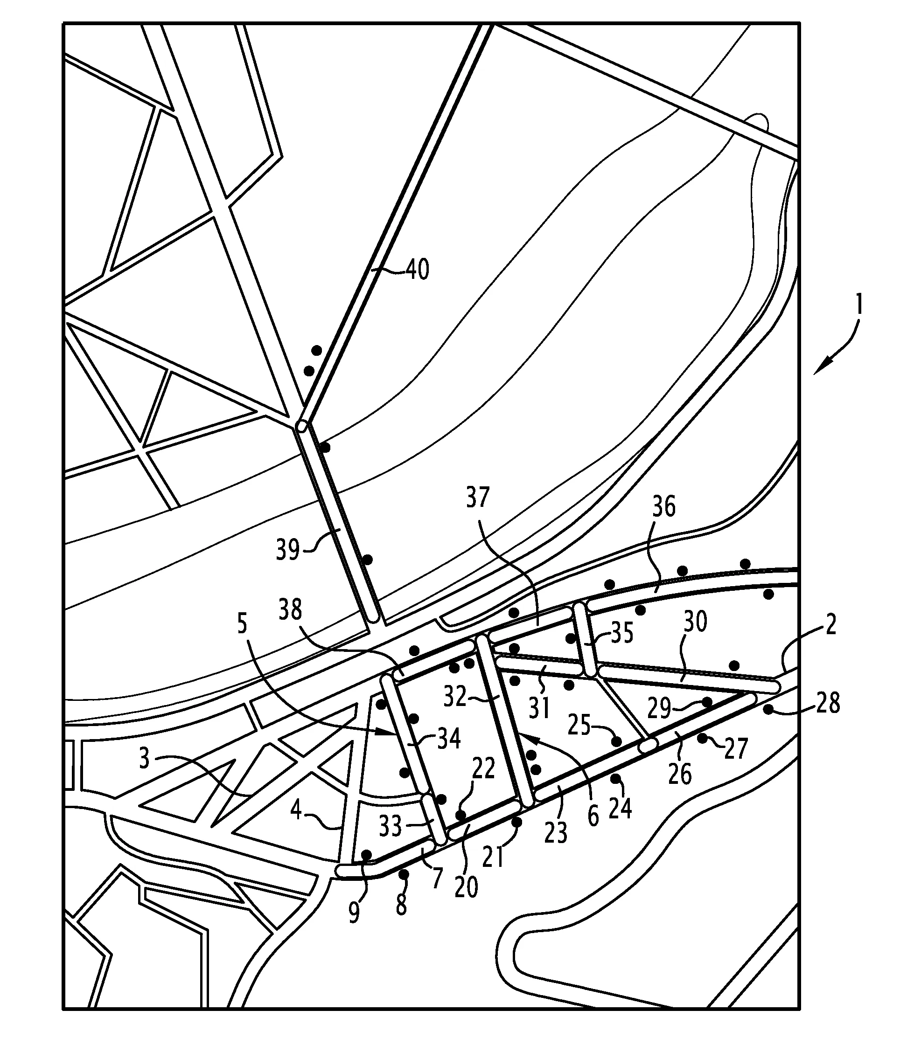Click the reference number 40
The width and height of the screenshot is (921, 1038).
coord(418,270)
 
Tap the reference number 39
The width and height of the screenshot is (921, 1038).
coord(287,549)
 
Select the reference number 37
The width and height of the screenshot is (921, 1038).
coord(477,498)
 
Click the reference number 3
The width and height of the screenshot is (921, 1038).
coord(145,759)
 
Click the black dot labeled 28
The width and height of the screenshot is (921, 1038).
coord(769,710)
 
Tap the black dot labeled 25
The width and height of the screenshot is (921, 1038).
coord(617,741)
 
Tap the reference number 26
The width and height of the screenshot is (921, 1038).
coord(680,774)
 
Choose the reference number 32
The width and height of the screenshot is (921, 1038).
coord(454,697)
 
